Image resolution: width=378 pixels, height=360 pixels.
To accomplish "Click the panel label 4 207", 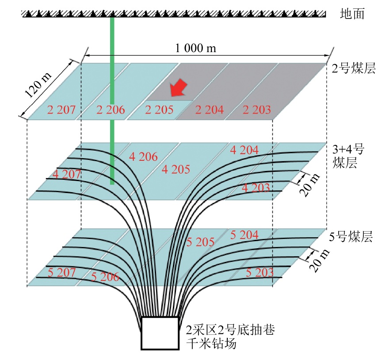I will [x=66, y=174].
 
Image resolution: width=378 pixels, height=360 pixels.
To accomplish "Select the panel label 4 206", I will [x=143, y=156].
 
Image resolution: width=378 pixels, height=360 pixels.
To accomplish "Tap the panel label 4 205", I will [x=176, y=169].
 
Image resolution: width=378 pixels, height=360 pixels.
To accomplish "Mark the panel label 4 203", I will [x=256, y=188].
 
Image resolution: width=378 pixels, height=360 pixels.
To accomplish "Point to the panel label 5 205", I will [x=200, y=242].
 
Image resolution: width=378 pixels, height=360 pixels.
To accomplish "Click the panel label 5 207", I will [x=61, y=273].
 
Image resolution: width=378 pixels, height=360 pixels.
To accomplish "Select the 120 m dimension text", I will [x=39, y=85].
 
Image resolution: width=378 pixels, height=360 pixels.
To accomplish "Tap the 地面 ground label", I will [x=352, y=14].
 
